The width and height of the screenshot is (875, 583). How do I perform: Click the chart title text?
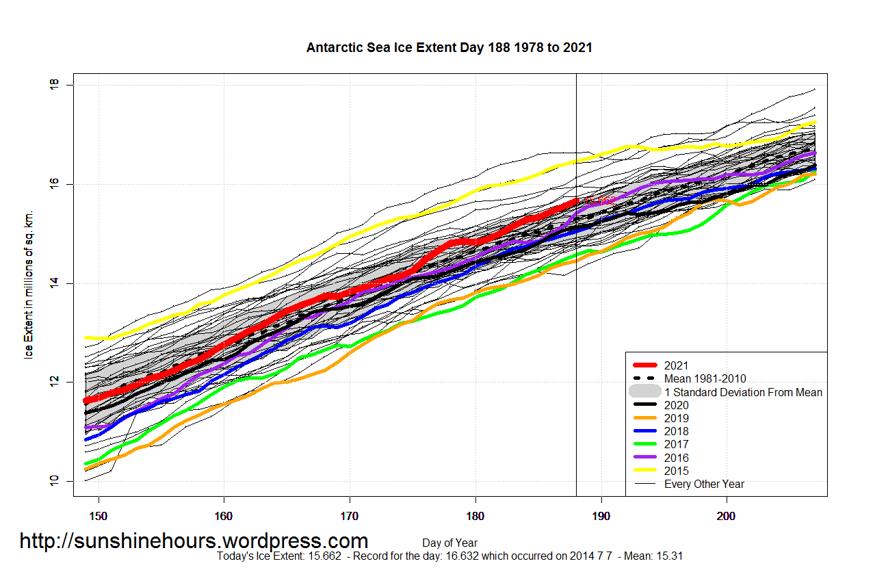pos(449,48)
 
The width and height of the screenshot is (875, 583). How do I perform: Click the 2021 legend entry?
pos(676,366)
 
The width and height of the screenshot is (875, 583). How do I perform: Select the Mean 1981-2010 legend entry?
pos(705,379)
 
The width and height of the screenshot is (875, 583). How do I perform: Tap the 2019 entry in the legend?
pos(676,418)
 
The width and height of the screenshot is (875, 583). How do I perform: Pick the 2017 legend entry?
pos(676,444)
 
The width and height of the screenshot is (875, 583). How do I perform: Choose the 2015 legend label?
pos(676,471)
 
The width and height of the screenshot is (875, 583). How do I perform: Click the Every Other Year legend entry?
pos(704,484)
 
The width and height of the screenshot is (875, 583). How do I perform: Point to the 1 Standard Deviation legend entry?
pos(743,392)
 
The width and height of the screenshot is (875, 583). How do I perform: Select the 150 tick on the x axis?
pos(99,514)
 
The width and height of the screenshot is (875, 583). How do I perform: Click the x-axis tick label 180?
pos(475,514)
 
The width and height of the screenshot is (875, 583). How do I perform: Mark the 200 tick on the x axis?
pos(727,514)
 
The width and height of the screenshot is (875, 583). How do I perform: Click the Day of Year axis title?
pos(449,543)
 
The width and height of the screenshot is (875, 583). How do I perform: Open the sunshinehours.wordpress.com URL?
pos(194,541)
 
